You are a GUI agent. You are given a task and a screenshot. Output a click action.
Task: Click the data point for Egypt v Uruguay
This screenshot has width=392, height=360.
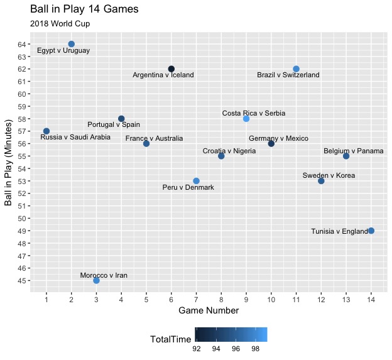(x=71, y=44)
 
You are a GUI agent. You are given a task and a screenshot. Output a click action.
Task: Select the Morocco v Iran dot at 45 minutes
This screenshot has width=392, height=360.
(x=96, y=280)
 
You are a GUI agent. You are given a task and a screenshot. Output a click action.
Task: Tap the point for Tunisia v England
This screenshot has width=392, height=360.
(x=371, y=231)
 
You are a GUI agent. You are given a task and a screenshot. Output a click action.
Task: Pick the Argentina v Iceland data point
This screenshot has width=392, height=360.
(x=171, y=69)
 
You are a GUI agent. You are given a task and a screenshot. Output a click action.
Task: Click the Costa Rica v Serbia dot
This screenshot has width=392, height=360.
(x=246, y=119)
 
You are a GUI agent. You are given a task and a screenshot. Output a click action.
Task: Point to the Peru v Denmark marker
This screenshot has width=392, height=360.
(x=196, y=181)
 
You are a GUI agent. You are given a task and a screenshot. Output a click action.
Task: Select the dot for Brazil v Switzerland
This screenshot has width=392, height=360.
(x=296, y=69)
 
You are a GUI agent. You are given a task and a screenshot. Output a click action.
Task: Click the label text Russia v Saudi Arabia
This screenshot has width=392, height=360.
(x=75, y=137)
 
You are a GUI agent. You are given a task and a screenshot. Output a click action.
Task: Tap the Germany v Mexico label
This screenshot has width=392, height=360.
(x=278, y=138)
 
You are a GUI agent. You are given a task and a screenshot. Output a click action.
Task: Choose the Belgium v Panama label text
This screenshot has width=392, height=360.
(x=354, y=151)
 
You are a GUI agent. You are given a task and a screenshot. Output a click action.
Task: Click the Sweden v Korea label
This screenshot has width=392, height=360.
(x=329, y=175)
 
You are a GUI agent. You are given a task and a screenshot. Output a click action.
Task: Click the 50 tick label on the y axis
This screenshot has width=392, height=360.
(x=22, y=219)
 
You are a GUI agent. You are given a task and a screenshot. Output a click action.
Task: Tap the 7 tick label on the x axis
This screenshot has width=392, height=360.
(x=196, y=300)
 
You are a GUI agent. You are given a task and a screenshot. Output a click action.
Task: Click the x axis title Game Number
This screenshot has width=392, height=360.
(x=209, y=310)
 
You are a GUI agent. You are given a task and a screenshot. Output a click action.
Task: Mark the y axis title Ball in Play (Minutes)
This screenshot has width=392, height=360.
(x=8, y=163)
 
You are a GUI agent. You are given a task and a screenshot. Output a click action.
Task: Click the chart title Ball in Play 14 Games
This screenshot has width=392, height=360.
(x=84, y=9)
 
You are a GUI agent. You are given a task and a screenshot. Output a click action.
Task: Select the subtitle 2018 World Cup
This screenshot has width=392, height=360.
(x=60, y=24)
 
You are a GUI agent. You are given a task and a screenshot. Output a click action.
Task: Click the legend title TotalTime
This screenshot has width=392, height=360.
(x=170, y=339)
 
